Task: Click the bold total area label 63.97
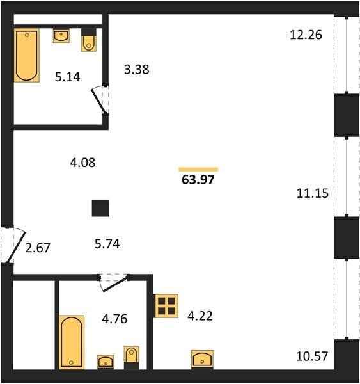click(198, 180)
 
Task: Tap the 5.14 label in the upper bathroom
click(68, 77)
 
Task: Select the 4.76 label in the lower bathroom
click(114, 319)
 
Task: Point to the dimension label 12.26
click(306, 35)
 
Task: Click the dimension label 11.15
click(313, 193)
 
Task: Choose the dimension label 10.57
click(312, 356)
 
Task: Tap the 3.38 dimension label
click(137, 69)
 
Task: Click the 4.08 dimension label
click(82, 163)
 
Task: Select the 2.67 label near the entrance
click(38, 248)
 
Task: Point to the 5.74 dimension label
click(107, 244)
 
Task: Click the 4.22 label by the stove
click(200, 316)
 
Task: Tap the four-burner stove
click(166, 306)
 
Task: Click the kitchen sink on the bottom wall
click(202, 359)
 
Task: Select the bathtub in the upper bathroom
click(27, 55)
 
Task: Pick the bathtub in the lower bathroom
click(72, 342)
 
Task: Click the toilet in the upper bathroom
click(89, 40)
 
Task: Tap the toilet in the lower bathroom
click(132, 358)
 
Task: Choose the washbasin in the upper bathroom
click(61, 35)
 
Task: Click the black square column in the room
click(100, 208)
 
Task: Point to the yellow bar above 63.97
click(198, 170)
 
